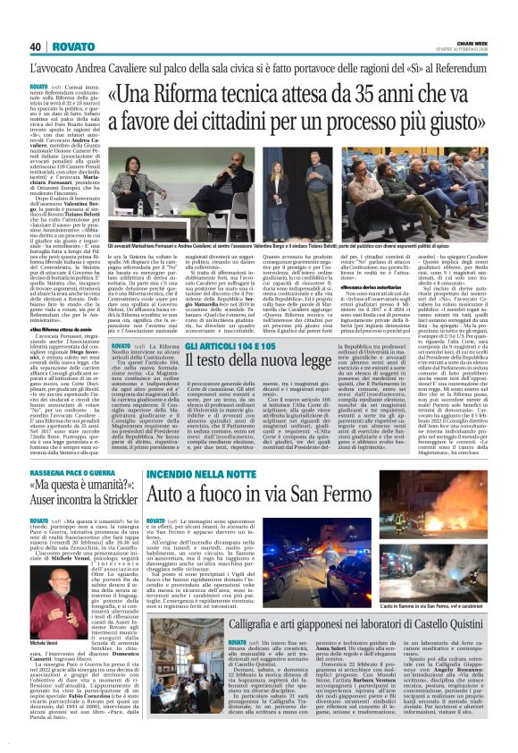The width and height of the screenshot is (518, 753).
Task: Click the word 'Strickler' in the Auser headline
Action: pos(107,503)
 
